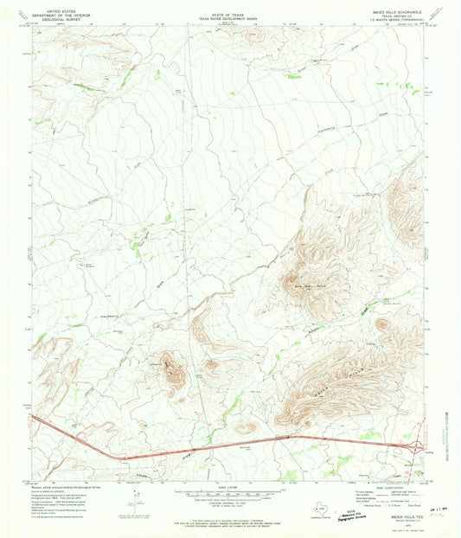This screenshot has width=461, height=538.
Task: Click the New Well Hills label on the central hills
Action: pos(309,283)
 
